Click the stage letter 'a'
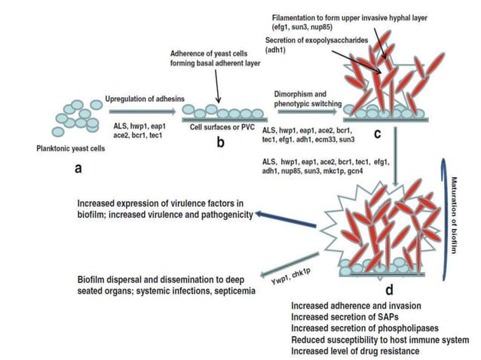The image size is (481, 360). (x=77, y=169)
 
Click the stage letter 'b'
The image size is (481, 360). (x=221, y=143)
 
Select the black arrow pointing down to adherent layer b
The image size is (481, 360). (x=215, y=92)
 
